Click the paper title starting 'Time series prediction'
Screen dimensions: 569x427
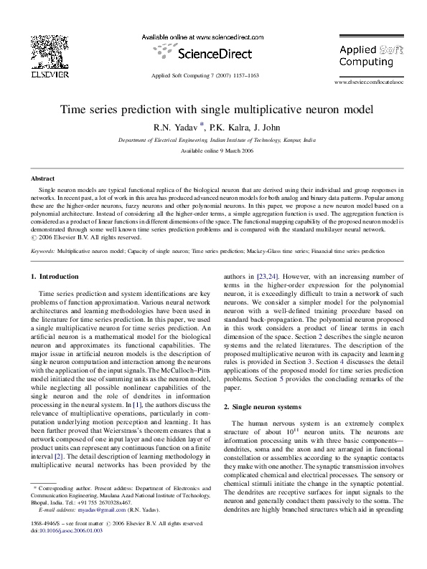tap(213, 110)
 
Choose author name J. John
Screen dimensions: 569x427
tap(263, 128)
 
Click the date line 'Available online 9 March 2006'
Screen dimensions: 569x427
tap(213, 152)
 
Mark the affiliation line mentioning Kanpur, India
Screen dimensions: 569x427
tap(213, 140)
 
